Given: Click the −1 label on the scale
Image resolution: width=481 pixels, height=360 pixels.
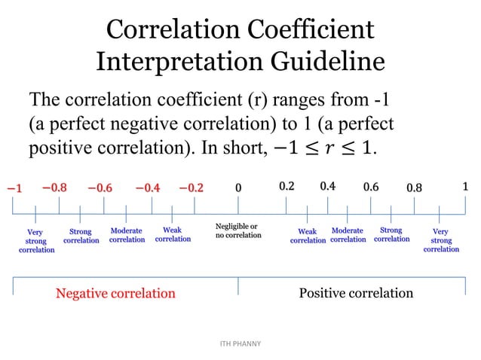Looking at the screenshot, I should pos(14,188).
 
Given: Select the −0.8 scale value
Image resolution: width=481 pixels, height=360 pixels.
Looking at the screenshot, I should pos(54,187).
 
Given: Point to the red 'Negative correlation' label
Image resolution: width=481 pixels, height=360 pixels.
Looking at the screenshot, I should pos(115,293).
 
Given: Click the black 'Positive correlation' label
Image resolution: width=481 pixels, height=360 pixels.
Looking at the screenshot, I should pos(356,292).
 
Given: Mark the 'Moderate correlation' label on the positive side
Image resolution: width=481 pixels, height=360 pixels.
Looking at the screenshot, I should pos(348,235).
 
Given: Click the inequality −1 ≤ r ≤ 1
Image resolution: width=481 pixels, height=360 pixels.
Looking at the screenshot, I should pos(320,147).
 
